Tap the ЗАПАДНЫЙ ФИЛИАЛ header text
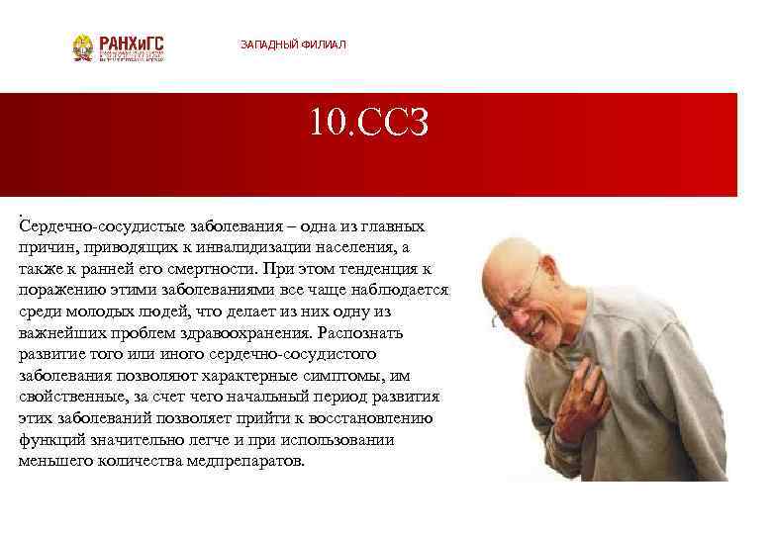point(293,45)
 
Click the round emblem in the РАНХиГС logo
point(83,47)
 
